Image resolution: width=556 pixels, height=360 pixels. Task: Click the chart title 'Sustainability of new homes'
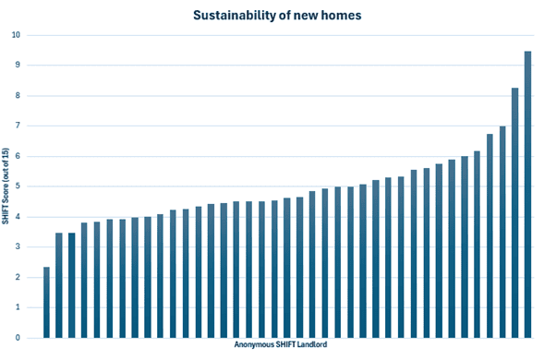(x=277, y=16)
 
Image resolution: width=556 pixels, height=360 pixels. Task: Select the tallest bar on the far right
(x=527, y=195)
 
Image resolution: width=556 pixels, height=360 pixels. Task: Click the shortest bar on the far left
(x=46, y=302)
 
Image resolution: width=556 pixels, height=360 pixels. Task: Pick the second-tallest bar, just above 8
(x=514, y=213)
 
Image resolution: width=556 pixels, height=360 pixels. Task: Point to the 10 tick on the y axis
(x=16, y=35)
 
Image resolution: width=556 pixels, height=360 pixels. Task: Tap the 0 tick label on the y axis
(x=18, y=338)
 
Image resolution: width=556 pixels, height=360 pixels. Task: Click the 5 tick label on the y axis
(x=18, y=186)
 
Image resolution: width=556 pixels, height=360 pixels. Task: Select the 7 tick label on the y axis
(x=18, y=126)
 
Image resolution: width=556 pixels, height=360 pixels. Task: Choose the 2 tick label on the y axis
(x=18, y=277)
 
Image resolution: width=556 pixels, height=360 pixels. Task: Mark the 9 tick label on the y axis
(x=18, y=65)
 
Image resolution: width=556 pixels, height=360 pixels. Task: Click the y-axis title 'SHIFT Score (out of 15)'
(x=5, y=186)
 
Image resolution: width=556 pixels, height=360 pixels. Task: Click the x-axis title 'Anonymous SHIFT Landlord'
(x=281, y=344)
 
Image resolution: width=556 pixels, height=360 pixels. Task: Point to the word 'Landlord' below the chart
(x=312, y=344)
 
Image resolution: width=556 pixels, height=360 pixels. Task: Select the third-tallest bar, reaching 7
(x=502, y=232)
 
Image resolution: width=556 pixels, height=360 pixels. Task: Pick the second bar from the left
(x=59, y=285)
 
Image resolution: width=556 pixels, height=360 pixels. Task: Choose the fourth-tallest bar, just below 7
(x=490, y=236)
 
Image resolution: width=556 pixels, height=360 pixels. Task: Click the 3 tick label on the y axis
(x=18, y=246)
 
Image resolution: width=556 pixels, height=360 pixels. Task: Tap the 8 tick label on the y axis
(x=18, y=95)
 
